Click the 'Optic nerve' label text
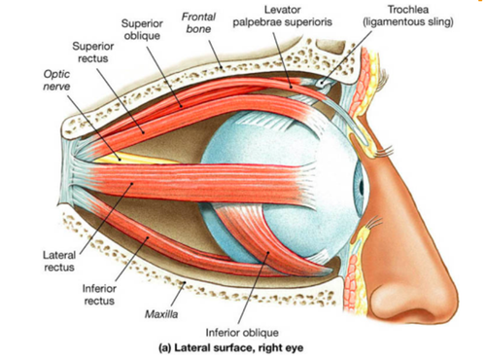(56, 80)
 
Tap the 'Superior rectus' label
(93, 53)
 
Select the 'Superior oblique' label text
(142, 29)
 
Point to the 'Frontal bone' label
(198, 22)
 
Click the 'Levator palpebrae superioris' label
(283, 16)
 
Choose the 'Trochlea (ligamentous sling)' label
(408, 16)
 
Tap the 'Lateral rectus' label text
(59, 261)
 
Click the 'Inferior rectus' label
(99, 295)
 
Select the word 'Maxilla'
(161, 314)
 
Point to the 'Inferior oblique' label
(242, 333)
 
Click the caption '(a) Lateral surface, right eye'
(231, 348)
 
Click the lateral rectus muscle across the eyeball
(194, 183)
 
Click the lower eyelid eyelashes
(372, 223)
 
